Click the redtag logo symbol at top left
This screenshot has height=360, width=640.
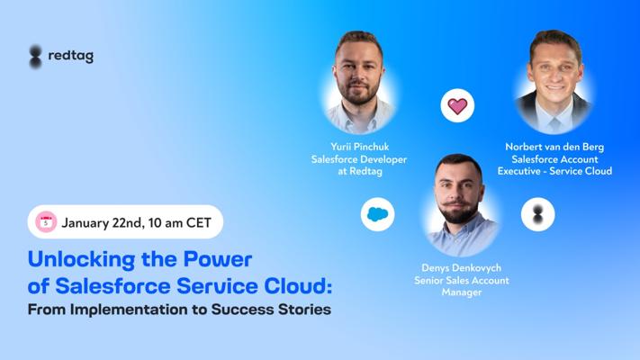pyautogui.click(x=35, y=57)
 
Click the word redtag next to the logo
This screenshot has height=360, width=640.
pyautogui.click(x=70, y=56)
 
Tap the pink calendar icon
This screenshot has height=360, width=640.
pyautogui.click(x=46, y=222)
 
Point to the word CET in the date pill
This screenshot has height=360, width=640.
pyautogui.click(x=199, y=222)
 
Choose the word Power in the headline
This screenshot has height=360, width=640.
pyautogui.click(x=218, y=258)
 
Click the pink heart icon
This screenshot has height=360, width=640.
pyautogui.click(x=457, y=105)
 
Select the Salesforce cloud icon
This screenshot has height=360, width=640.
pyautogui.click(x=377, y=214)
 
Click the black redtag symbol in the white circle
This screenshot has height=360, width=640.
pyautogui.click(x=538, y=214)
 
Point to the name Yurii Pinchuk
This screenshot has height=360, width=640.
pyautogui.click(x=359, y=147)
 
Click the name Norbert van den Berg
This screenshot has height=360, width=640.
pyautogui.click(x=554, y=147)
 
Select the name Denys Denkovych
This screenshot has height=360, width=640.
pyautogui.click(x=461, y=268)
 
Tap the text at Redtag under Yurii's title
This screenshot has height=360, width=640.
pyautogui.click(x=359, y=171)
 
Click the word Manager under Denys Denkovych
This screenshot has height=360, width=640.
pyautogui.click(x=461, y=292)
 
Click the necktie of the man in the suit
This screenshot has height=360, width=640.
pyautogui.click(x=554, y=124)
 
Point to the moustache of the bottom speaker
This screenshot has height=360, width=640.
pyautogui.click(x=458, y=203)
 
